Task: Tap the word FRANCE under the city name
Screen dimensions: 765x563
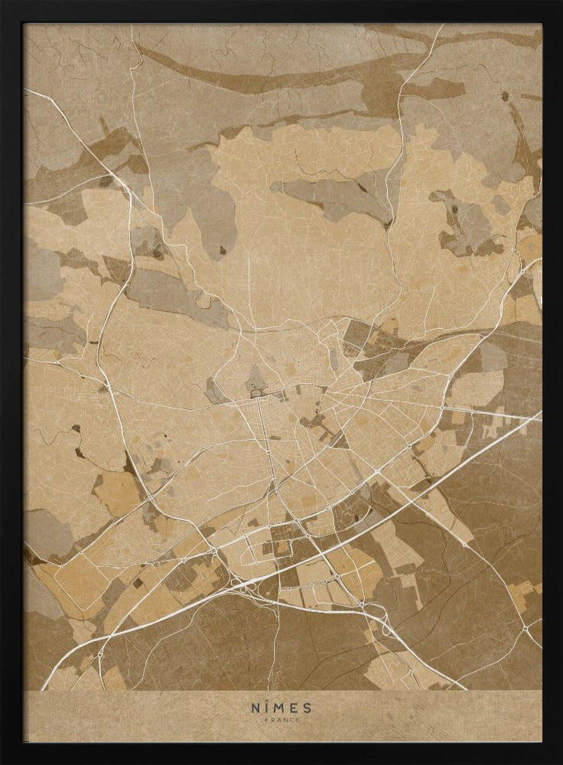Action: (x=281, y=720)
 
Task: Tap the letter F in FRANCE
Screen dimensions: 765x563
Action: (x=267, y=720)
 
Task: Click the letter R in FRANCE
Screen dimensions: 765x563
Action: (x=272, y=720)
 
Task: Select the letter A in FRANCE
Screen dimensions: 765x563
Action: (x=278, y=720)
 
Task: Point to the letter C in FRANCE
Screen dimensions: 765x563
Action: (x=291, y=720)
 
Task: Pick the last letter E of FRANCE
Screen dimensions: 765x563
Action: (x=297, y=720)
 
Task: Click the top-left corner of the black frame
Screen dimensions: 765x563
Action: (x=2, y=2)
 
